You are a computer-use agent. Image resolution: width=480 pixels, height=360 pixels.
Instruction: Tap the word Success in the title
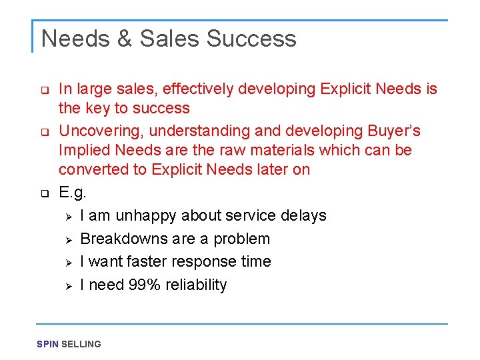click(x=251, y=39)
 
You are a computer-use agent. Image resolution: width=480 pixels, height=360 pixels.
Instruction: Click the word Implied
click(x=84, y=150)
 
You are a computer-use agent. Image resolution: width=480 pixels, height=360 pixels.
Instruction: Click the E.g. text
click(x=71, y=193)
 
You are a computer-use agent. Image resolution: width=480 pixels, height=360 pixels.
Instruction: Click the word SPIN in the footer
click(x=47, y=344)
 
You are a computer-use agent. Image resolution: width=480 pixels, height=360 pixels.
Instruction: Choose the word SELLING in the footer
click(x=81, y=344)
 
